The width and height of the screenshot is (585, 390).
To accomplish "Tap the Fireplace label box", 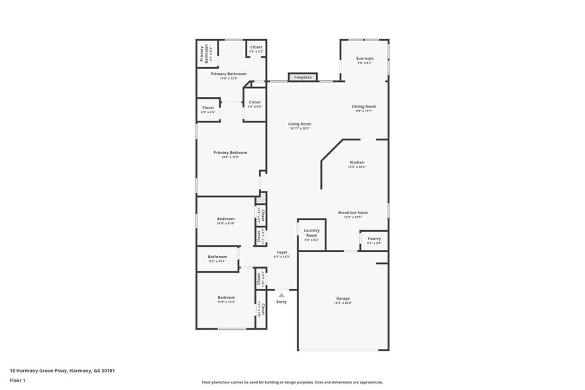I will [303, 78].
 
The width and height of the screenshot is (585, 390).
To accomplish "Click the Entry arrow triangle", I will [282, 294].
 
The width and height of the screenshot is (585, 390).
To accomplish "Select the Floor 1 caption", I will [17, 380].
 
